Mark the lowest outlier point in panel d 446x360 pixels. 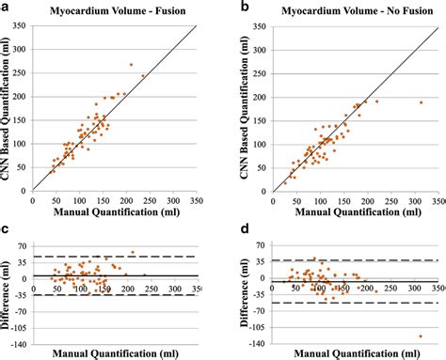pos(420,336)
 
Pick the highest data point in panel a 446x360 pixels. pos(131,65)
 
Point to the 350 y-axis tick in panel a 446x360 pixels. pos(24,27)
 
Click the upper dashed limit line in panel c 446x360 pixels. pos(113,256)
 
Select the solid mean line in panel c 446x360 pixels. pos(113,275)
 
